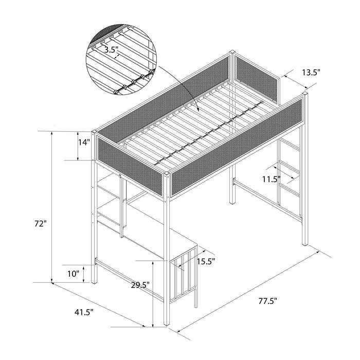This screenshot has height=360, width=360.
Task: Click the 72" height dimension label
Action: tap(42, 225)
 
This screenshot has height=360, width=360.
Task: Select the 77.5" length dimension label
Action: tap(265, 301)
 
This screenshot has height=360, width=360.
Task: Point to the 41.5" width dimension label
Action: tap(84, 312)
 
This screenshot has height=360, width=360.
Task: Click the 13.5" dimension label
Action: tap(311, 73)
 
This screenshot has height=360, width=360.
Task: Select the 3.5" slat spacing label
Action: tap(111, 50)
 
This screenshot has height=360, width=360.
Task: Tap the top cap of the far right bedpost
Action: tap(305, 95)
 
